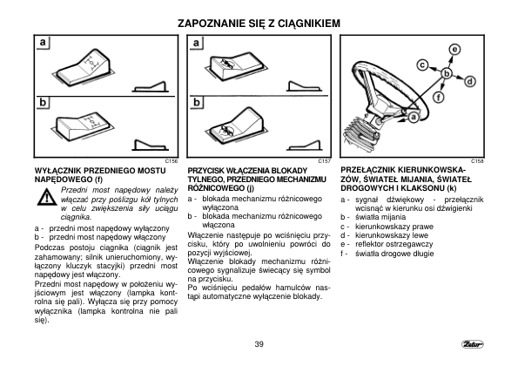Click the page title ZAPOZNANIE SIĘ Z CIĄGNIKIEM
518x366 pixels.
click(x=259, y=24)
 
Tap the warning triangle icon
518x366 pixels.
click(x=47, y=198)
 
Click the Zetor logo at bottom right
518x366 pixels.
click(x=473, y=344)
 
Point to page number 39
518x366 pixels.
click(x=259, y=344)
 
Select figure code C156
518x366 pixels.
click(x=172, y=161)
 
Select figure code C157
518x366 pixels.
click(x=325, y=161)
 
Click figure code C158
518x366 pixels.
click(x=477, y=161)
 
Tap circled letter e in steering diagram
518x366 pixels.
click(x=454, y=50)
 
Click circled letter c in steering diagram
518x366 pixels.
click(x=422, y=65)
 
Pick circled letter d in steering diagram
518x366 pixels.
click(x=470, y=81)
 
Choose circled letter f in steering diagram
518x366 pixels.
click(x=439, y=98)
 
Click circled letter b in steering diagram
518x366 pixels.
click(x=447, y=73)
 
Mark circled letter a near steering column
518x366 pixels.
click(x=414, y=117)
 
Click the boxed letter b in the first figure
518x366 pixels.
click(x=43, y=103)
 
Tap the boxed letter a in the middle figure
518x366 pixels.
click(x=197, y=43)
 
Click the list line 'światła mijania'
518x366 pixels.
click(x=380, y=217)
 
